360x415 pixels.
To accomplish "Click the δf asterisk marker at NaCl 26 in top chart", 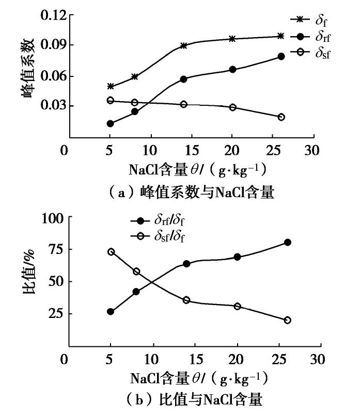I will [x=281, y=36].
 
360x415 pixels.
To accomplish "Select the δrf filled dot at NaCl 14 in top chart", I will [x=184, y=79].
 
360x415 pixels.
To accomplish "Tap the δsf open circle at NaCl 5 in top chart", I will [x=110, y=100].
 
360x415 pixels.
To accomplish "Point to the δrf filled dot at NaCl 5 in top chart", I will [x=110, y=123].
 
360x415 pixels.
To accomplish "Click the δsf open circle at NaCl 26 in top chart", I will [x=281, y=117].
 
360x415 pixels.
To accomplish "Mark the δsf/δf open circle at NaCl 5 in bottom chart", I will [x=111, y=252].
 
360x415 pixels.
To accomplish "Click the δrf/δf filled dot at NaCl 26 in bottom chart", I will [x=287, y=242].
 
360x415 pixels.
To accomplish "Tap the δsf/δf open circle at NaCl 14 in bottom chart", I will [x=186, y=300].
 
